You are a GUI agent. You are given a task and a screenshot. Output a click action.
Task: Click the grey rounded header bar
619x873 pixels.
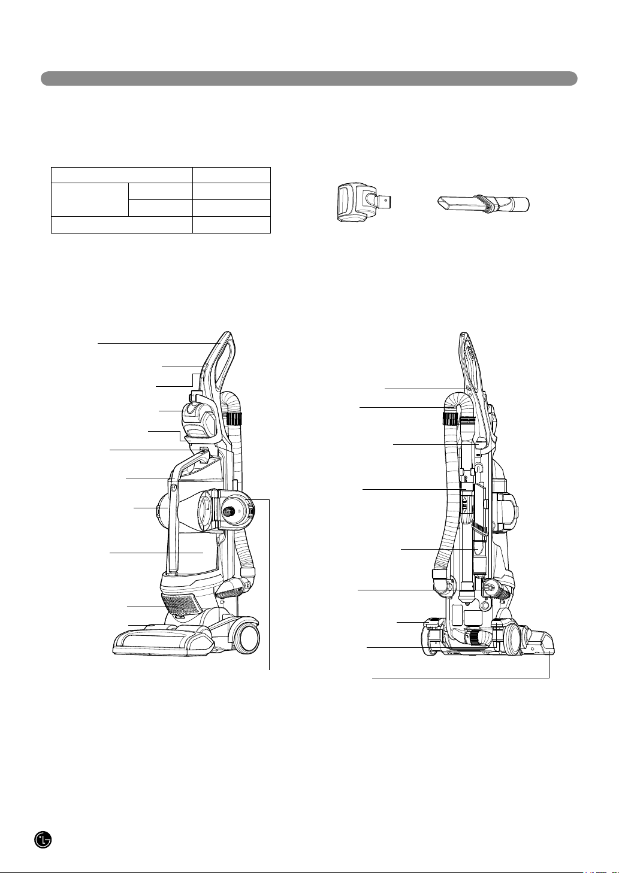click(309, 78)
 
